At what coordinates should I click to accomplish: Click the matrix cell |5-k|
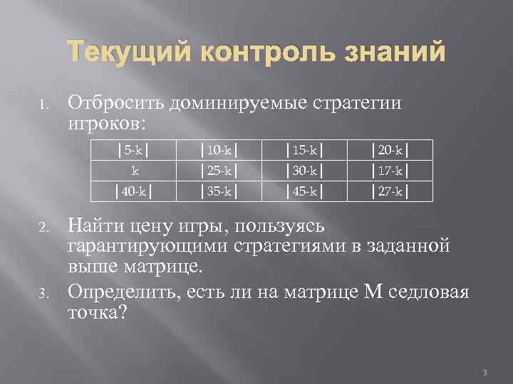point(134,151)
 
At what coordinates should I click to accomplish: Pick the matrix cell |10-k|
point(219,151)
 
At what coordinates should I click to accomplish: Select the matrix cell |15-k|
point(304,151)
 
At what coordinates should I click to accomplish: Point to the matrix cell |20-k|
point(390,151)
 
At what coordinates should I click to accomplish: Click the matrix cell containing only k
point(134,171)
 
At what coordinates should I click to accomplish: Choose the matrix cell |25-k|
point(219,171)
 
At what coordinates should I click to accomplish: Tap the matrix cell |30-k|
point(304,171)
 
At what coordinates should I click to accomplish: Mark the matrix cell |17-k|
point(390,171)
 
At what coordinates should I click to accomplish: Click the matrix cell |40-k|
point(134,192)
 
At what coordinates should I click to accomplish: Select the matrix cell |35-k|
point(219,192)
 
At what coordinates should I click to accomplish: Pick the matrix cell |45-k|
point(304,192)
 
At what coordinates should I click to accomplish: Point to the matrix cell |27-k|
point(390,192)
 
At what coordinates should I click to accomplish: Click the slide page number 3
point(484,372)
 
